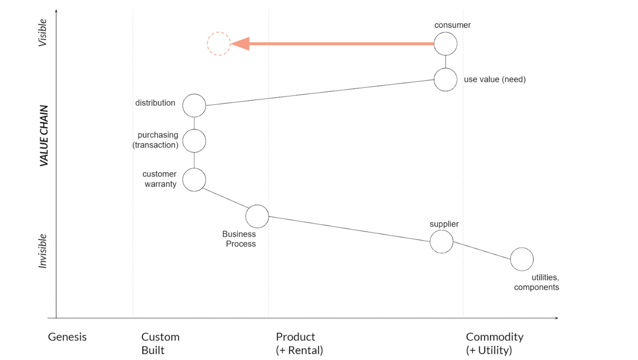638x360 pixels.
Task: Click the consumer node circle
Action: tap(445, 44)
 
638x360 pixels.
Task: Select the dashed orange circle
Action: tap(218, 44)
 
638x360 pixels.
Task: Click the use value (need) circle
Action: tap(445, 79)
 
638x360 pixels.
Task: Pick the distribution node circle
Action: tap(194, 105)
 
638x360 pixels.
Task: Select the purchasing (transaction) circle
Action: tap(194, 141)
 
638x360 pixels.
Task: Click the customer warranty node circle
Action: tap(194, 180)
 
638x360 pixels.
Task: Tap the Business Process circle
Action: tap(257, 216)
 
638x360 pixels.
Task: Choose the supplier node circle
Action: tap(441, 241)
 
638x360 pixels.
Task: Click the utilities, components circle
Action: tap(521, 259)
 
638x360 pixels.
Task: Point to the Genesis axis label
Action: tap(67, 337)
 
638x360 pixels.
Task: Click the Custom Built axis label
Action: tap(160, 343)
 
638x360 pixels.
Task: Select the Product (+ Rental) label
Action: tap(299, 343)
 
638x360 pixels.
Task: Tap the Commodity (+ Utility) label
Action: tap(494, 343)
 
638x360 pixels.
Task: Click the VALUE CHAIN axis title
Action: tap(44, 136)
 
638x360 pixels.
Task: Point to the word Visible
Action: tap(42, 33)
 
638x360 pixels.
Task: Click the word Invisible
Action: tap(42, 251)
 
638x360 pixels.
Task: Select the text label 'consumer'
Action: tap(452, 25)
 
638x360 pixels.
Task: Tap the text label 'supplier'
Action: tap(444, 224)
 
